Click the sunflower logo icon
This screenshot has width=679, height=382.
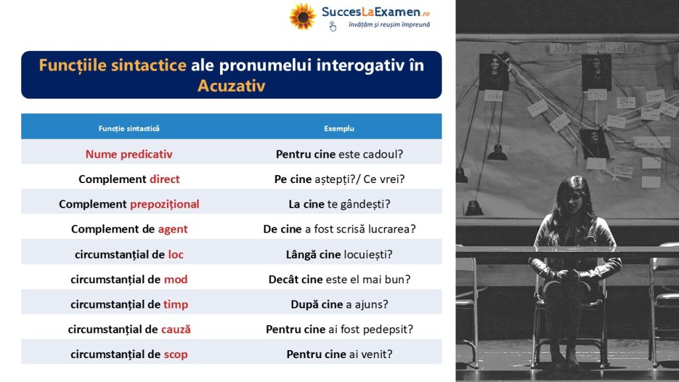coord(302,17)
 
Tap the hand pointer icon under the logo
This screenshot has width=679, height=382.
coord(333,27)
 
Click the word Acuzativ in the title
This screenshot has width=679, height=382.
coord(231,86)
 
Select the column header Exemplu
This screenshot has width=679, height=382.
coord(339,129)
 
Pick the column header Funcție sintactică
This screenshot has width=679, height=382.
coord(129,129)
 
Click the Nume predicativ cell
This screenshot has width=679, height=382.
coord(129,154)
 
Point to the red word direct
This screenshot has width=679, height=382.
coord(164,179)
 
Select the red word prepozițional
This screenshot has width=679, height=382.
coord(164,204)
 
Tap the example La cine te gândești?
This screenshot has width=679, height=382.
coord(339,204)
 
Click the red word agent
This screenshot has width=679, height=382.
coord(173,229)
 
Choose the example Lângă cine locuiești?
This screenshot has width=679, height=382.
coord(339,255)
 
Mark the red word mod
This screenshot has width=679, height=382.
coord(176,279)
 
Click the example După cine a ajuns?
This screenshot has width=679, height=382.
coord(339,304)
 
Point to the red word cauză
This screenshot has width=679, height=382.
coord(176,330)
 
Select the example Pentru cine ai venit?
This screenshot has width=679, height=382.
coord(339,354)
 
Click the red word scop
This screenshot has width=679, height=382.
coord(176,355)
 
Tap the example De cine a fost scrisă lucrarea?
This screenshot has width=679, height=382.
coord(339,229)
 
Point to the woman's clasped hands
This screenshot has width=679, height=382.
coord(568,275)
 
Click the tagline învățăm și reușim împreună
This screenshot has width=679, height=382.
coord(389,25)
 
